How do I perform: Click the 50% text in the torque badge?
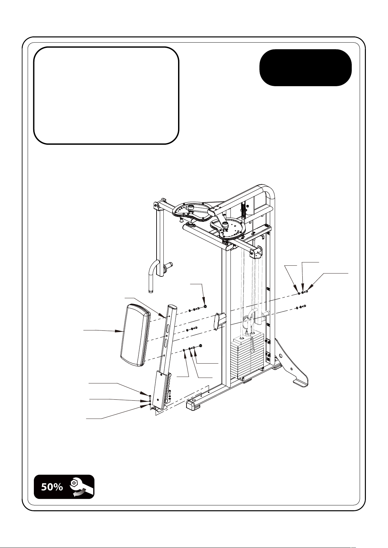click(x=52, y=487)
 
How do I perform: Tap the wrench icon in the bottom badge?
click(x=81, y=487)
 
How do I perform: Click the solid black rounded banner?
click(x=306, y=68)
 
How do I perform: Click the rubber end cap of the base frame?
click(x=193, y=405)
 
